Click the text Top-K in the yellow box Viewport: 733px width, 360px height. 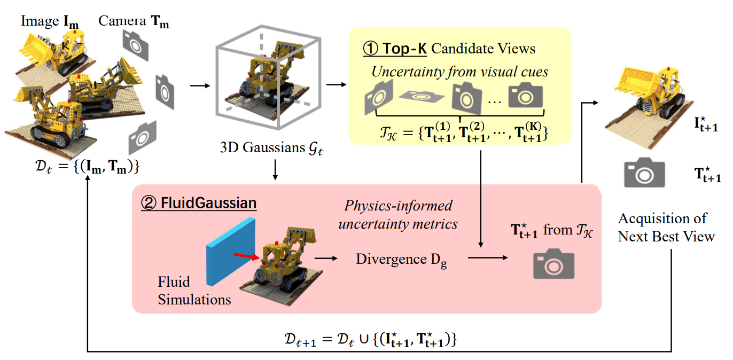404,49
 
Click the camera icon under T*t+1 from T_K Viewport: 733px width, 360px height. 553,264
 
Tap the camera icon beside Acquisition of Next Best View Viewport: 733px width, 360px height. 644,173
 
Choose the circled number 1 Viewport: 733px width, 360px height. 370,49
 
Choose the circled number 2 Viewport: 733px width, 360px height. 148,204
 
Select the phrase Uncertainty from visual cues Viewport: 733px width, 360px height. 460,72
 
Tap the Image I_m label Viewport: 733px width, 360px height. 49,22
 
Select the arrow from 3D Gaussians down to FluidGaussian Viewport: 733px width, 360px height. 274,172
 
